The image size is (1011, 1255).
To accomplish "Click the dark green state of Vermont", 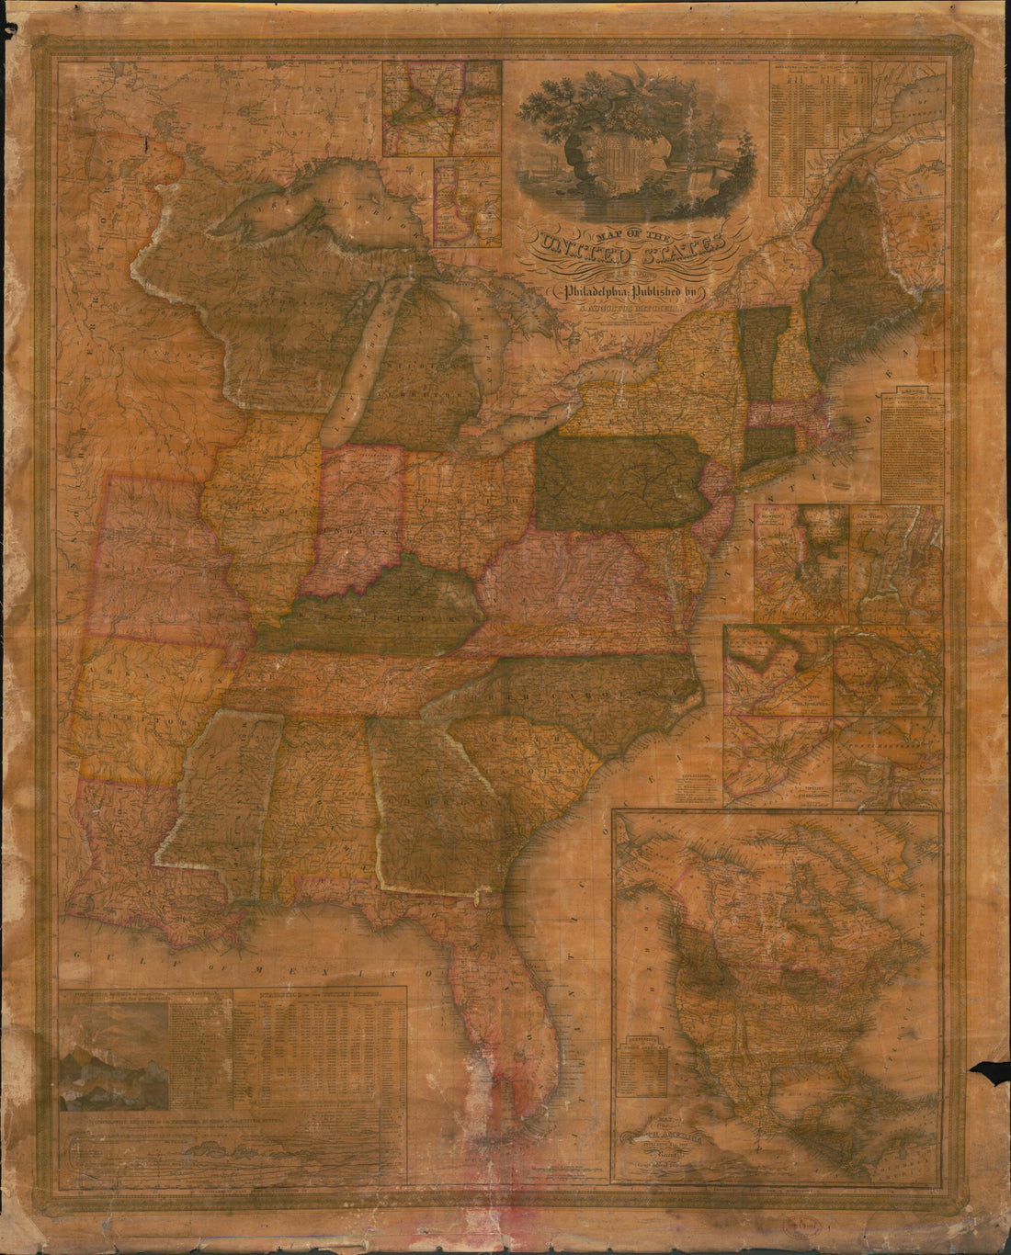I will point(758,354).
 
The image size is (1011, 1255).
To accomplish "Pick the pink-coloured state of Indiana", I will point(354,514).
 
